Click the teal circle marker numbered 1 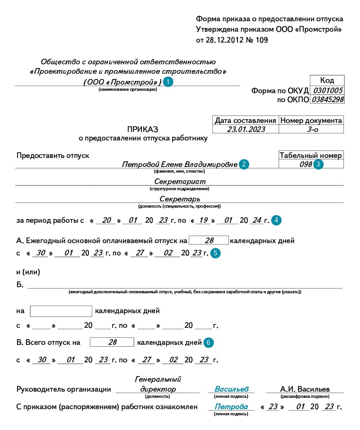tap(168, 82)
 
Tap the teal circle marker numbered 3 tap(319, 165)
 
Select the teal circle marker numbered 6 tap(209, 342)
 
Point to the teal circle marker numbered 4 tap(276, 220)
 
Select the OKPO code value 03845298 tap(327, 100)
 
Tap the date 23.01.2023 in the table tap(246, 129)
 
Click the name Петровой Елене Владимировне tap(180, 165)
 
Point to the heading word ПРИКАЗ tap(142, 129)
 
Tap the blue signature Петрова tap(231, 406)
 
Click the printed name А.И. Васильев tap(305, 389)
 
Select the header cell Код tap(327, 80)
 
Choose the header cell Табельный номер tap(311, 156)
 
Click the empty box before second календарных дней tap(61, 311)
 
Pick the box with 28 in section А tap(209, 240)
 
